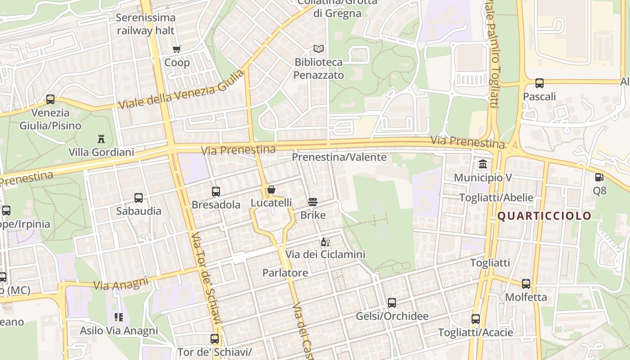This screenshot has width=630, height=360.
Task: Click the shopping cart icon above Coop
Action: coord(177,49)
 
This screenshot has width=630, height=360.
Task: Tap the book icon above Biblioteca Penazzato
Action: coord(319,49)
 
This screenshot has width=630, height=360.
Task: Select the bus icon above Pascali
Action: coord(539,83)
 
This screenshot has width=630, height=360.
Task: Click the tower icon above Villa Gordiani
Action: coord(101,139)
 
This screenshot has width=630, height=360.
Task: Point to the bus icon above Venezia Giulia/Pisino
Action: coord(50,99)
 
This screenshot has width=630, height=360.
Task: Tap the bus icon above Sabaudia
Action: coord(139,198)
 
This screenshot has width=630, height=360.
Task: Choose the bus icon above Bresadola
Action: coord(216,192)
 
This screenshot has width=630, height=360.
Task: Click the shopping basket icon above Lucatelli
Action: coord(271,189)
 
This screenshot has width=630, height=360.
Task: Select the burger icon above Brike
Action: coord(313,202)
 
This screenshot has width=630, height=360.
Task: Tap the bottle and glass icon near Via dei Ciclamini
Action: coord(325,242)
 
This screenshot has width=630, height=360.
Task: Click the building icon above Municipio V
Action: coord(483,164)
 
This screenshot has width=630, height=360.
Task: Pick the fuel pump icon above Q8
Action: coord(599,177)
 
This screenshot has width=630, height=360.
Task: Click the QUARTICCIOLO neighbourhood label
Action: coord(544,216)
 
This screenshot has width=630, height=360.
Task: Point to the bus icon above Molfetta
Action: coord(526,284)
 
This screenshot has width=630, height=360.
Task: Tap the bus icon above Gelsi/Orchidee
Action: coord(392,303)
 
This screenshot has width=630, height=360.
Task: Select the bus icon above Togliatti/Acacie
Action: coord(476,319)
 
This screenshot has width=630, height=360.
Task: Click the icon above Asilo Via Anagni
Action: coord(119,317)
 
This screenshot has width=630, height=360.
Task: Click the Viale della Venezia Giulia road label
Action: coord(181,90)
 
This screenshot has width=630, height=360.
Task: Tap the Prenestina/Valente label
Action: coord(339,157)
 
